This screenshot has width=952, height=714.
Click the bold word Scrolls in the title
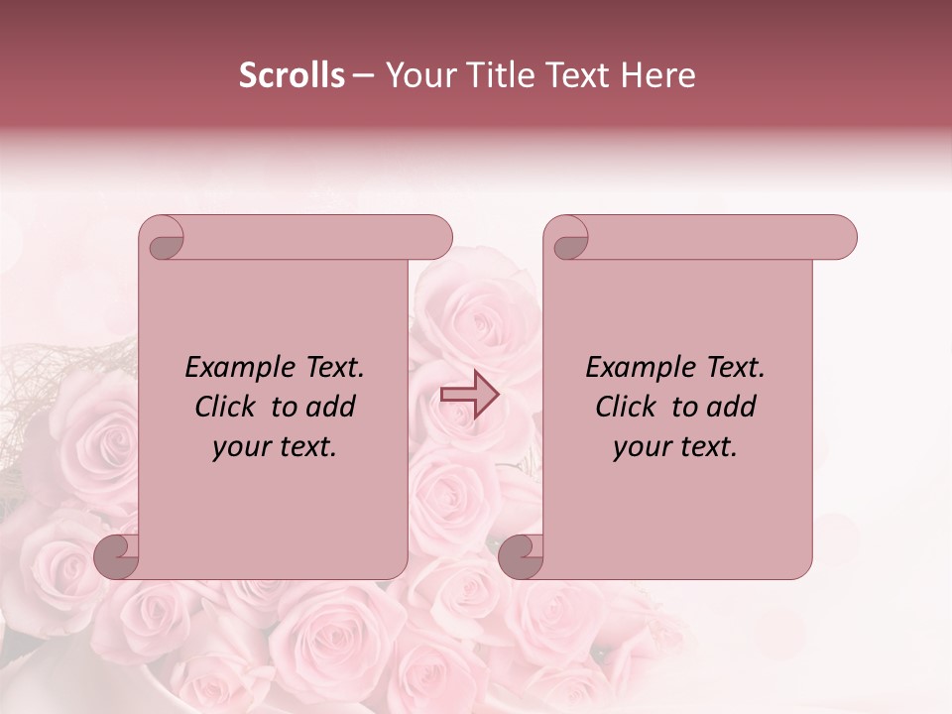coord(293,75)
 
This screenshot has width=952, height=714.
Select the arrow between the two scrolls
coord(469,394)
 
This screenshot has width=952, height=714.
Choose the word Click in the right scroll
coord(626,407)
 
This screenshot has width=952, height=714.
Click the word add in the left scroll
coord(330,407)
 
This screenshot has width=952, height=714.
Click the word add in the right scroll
coord(731,407)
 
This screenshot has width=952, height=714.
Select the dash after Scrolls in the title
coord(364,75)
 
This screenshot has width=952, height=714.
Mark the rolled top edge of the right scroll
coord(714,237)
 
